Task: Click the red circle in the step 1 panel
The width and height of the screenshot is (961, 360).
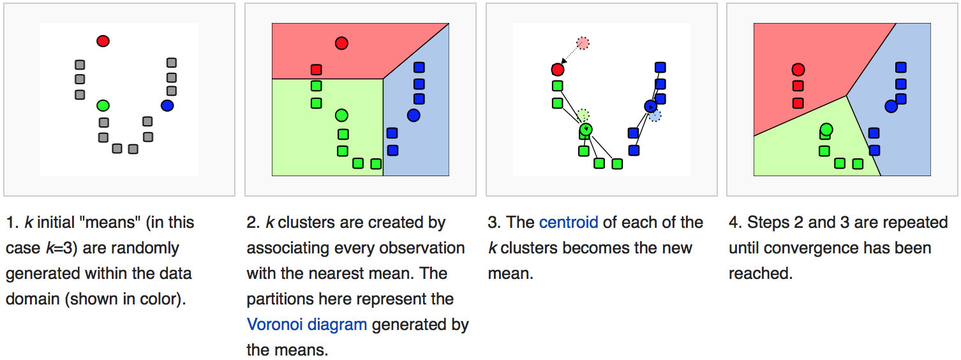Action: click(103, 41)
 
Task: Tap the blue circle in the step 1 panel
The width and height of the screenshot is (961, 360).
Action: click(167, 105)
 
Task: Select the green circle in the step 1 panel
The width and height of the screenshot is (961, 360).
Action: click(103, 105)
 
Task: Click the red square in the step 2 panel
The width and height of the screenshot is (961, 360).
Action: click(317, 70)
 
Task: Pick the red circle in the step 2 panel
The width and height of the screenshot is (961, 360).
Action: click(341, 43)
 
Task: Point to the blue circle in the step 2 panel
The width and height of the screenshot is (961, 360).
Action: click(413, 116)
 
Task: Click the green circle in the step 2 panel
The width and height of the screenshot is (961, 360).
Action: click(341, 116)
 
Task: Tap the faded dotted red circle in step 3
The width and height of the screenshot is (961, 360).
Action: click(583, 43)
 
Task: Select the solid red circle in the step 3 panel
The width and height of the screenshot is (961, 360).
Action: click(558, 69)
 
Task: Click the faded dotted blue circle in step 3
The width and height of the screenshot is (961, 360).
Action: click(655, 116)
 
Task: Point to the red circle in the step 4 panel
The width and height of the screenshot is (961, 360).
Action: click(798, 70)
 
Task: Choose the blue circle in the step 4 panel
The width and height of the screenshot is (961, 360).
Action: click(891, 106)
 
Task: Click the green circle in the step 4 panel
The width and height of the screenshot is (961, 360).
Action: click(826, 130)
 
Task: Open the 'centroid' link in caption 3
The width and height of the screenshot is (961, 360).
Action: click(569, 223)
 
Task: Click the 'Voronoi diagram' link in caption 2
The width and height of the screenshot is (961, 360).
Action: click(307, 324)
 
